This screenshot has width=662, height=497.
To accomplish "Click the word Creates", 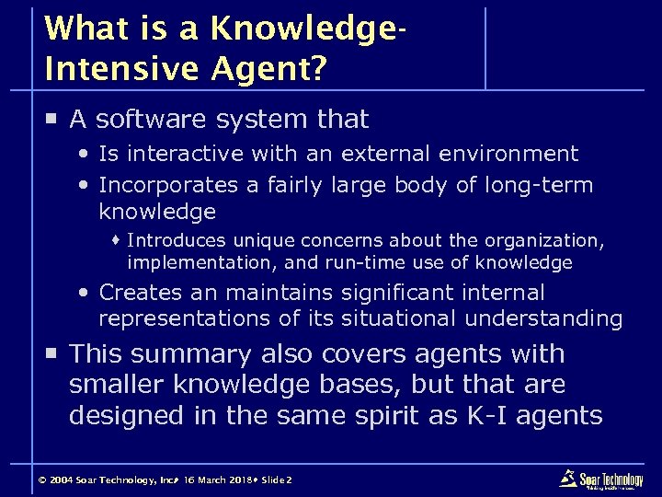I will click(x=138, y=294).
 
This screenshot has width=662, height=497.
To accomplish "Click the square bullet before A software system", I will click(x=51, y=119).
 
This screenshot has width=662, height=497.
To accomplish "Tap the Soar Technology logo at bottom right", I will click(x=601, y=480).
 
